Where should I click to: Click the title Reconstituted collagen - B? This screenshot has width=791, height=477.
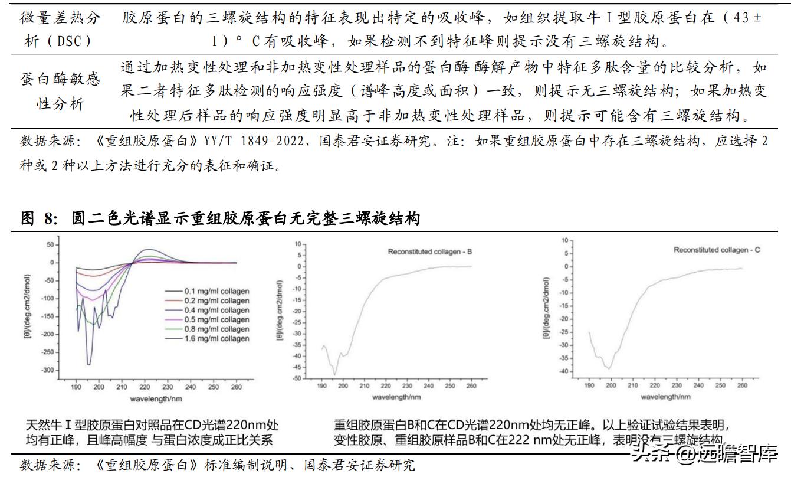pos(429,252)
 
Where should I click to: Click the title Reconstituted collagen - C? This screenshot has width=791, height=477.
pos(717,250)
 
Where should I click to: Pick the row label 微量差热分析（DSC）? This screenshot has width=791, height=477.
pos(60,30)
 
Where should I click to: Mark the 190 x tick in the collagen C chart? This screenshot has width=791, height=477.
pos(589,385)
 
